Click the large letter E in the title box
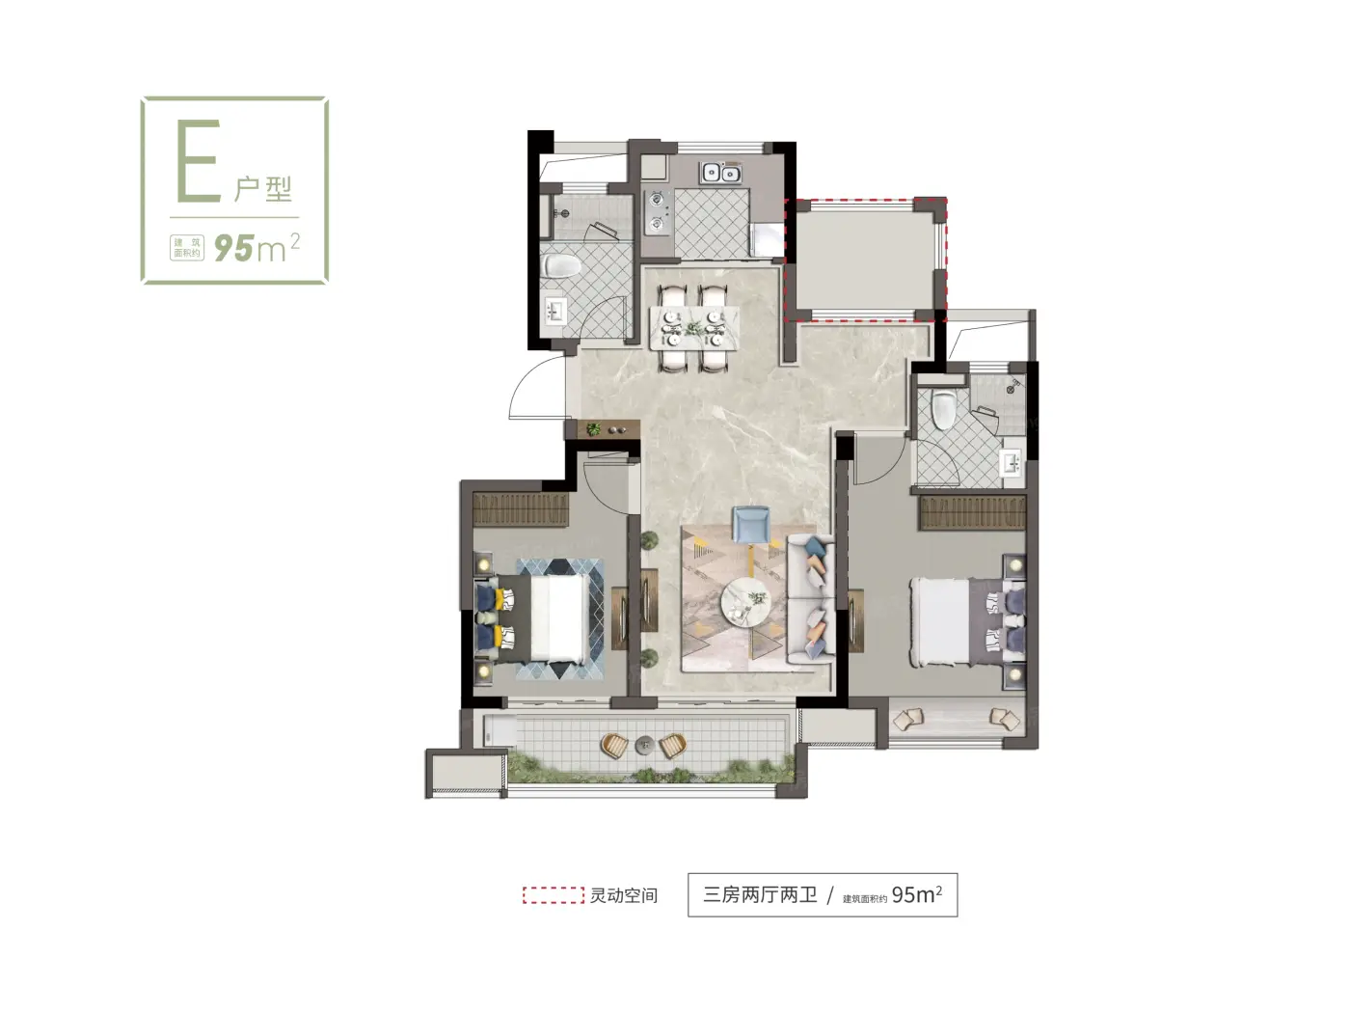pos(198,160)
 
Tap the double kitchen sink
pos(719,173)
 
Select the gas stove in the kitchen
pos(657,213)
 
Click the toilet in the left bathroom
pos(562,265)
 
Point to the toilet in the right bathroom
pos(943,409)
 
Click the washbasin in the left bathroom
pos(556,312)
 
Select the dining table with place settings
pos(694,327)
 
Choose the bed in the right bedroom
pos(967,620)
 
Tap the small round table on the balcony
pos(644,745)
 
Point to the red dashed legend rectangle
pos(553,895)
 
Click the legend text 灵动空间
pos(624,895)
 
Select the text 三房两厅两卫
pos(760,894)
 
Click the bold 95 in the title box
pos(233,249)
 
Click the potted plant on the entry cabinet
pos(593,428)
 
